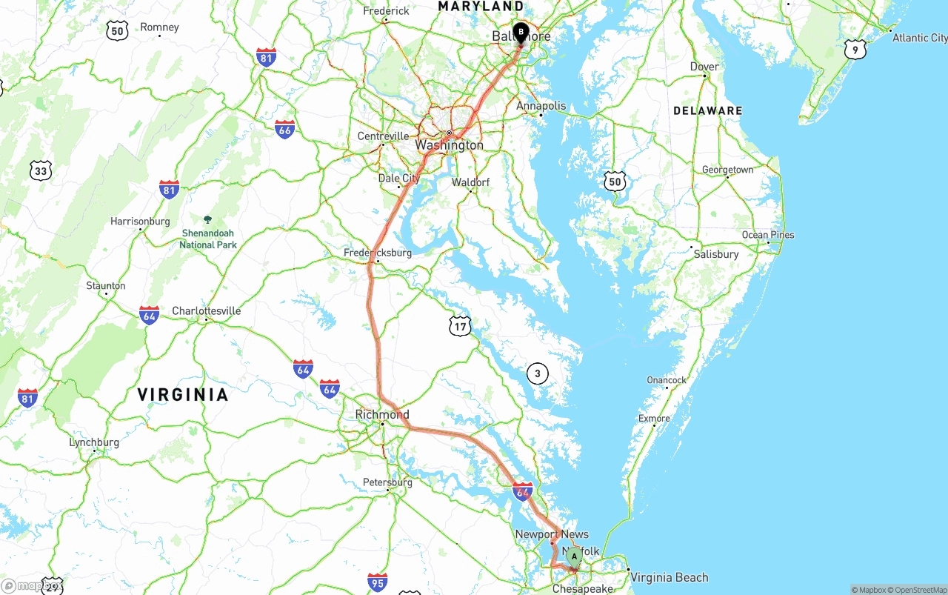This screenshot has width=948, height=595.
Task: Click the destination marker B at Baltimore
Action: pos(521,33)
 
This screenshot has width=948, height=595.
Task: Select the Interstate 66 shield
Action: pos(284,129)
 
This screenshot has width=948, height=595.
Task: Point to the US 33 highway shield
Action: pos(41,172)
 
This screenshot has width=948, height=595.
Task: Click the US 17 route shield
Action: pos(460,325)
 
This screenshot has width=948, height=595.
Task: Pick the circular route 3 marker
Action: pos(538,374)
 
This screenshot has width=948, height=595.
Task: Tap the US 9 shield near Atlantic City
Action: pos(855,50)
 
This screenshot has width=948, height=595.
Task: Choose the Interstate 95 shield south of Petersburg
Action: pos(377,582)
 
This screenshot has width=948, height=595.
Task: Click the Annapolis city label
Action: pos(541,106)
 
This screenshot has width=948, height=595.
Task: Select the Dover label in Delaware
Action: pos(704,67)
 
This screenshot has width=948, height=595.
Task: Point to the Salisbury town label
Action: pos(715,254)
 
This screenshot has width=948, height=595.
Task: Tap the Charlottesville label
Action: pos(206,311)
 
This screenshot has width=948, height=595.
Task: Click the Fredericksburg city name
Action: pos(378,253)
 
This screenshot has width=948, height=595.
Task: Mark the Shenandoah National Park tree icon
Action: pos(207,219)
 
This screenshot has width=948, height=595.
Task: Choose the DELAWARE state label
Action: pos(707,111)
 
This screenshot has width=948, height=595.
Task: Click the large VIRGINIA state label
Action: pos(183,395)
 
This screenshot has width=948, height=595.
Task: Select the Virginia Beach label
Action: pos(669,577)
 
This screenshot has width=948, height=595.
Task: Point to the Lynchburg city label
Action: pos(94,443)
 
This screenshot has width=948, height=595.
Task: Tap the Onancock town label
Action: pos(667,380)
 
